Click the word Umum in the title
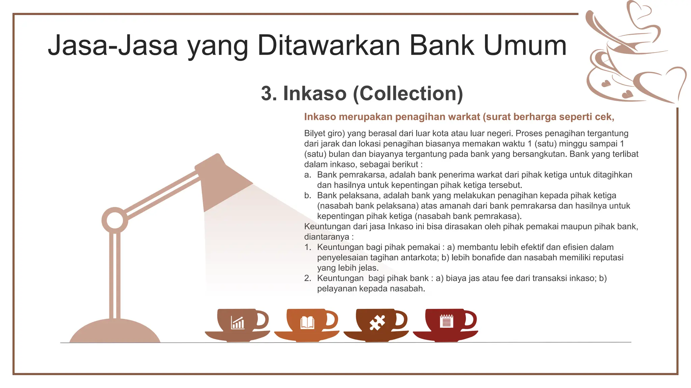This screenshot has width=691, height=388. (x=525, y=45)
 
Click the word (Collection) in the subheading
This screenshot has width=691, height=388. (x=408, y=93)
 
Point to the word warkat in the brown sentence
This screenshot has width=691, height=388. (x=461, y=117)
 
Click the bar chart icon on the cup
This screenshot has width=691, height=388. (x=238, y=323)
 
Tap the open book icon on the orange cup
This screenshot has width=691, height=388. (x=307, y=323)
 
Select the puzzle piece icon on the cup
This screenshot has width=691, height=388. (x=377, y=323)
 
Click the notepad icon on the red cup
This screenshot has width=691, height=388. (x=446, y=321)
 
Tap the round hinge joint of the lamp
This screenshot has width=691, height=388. (x=115, y=220)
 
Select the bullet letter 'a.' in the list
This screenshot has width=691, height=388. (x=307, y=175)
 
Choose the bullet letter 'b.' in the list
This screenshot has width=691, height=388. (x=307, y=195)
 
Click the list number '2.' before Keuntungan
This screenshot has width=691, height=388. (x=307, y=278)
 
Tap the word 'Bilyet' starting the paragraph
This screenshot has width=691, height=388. (x=315, y=133)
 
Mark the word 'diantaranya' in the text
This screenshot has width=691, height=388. (x=327, y=237)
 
